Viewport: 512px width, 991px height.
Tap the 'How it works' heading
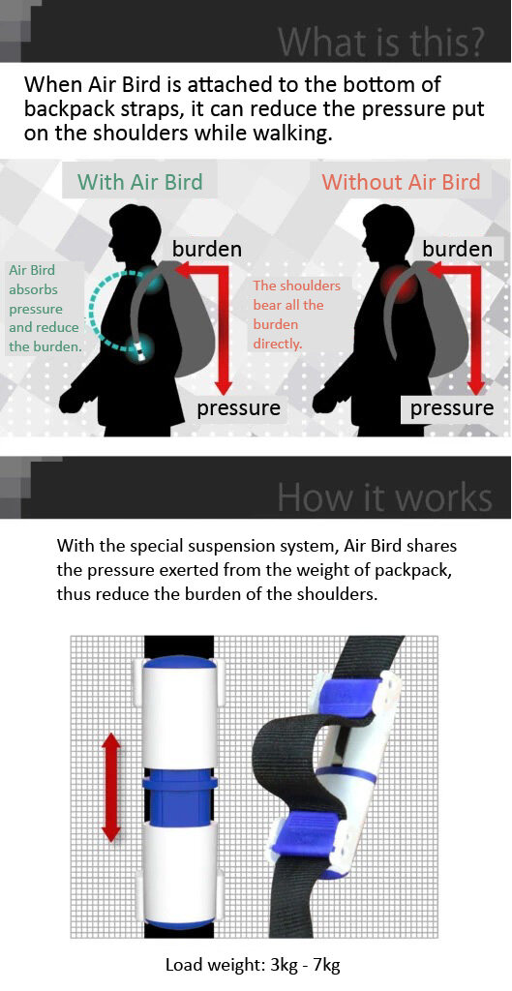pos(384,497)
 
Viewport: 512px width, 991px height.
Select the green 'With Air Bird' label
pos(140,182)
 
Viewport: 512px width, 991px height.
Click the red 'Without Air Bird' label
pos(402,182)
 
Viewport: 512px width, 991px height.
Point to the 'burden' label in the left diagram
pos(207,249)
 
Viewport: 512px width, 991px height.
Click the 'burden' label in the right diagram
pos(457,249)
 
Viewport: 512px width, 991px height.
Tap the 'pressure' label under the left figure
pos(238,408)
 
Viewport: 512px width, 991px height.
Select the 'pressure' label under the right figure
pos(452,408)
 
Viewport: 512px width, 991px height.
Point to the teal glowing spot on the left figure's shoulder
pos(150,279)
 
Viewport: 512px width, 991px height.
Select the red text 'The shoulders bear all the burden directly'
pos(296,315)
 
